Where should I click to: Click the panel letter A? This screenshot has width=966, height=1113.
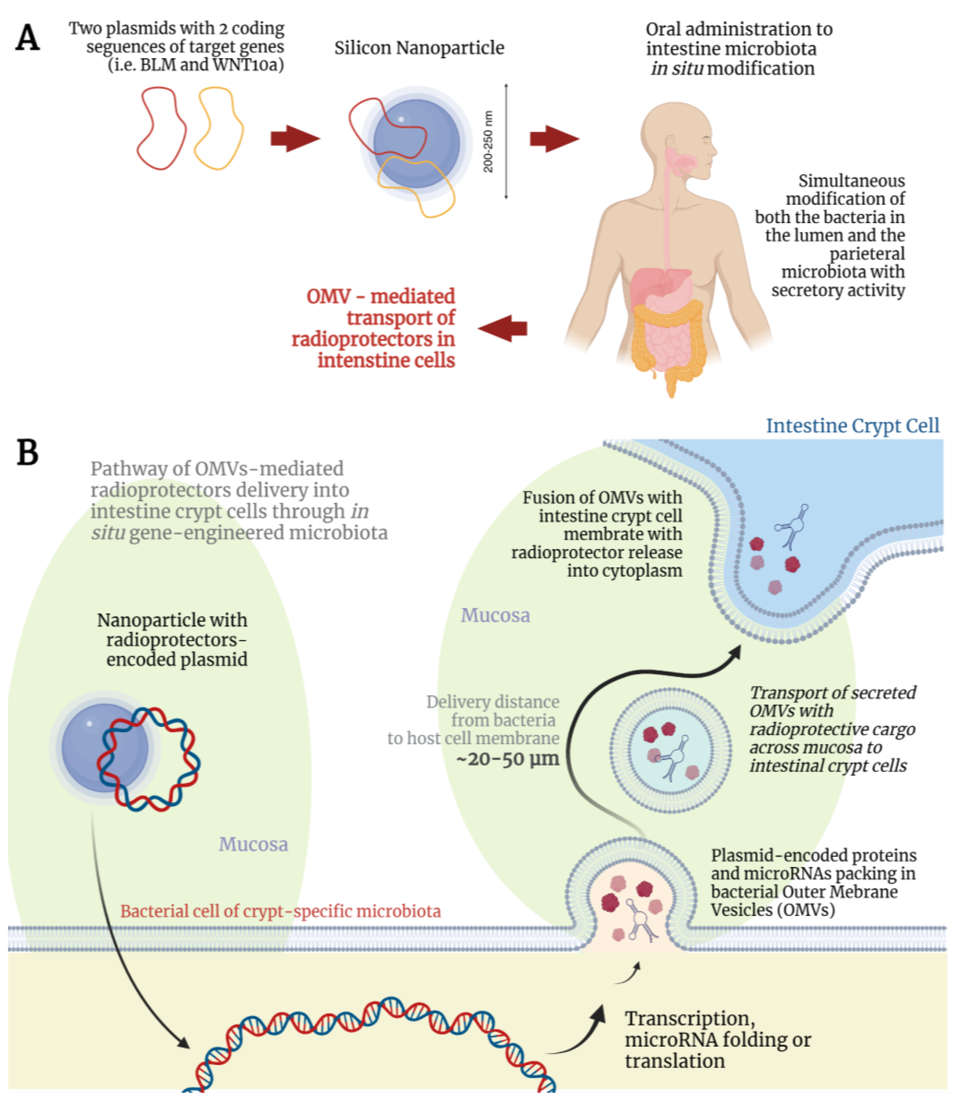pyautogui.click(x=28, y=38)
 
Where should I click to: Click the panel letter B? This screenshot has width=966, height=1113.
pyautogui.click(x=28, y=452)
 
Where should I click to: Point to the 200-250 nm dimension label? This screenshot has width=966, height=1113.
pyautogui.click(x=488, y=141)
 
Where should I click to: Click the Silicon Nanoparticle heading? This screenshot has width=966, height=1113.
pyautogui.click(x=419, y=48)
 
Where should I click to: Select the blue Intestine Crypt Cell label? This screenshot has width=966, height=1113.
pyautogui.click(x=852, y=426)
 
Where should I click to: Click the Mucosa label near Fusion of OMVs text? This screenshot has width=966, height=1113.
pyautogui.click(x=495, y=615)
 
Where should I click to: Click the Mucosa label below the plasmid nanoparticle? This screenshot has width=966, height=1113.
pyautogui.click(x=253, y=844)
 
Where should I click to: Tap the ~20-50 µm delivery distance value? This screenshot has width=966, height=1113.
pyautogui.click(x=507, y=759)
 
